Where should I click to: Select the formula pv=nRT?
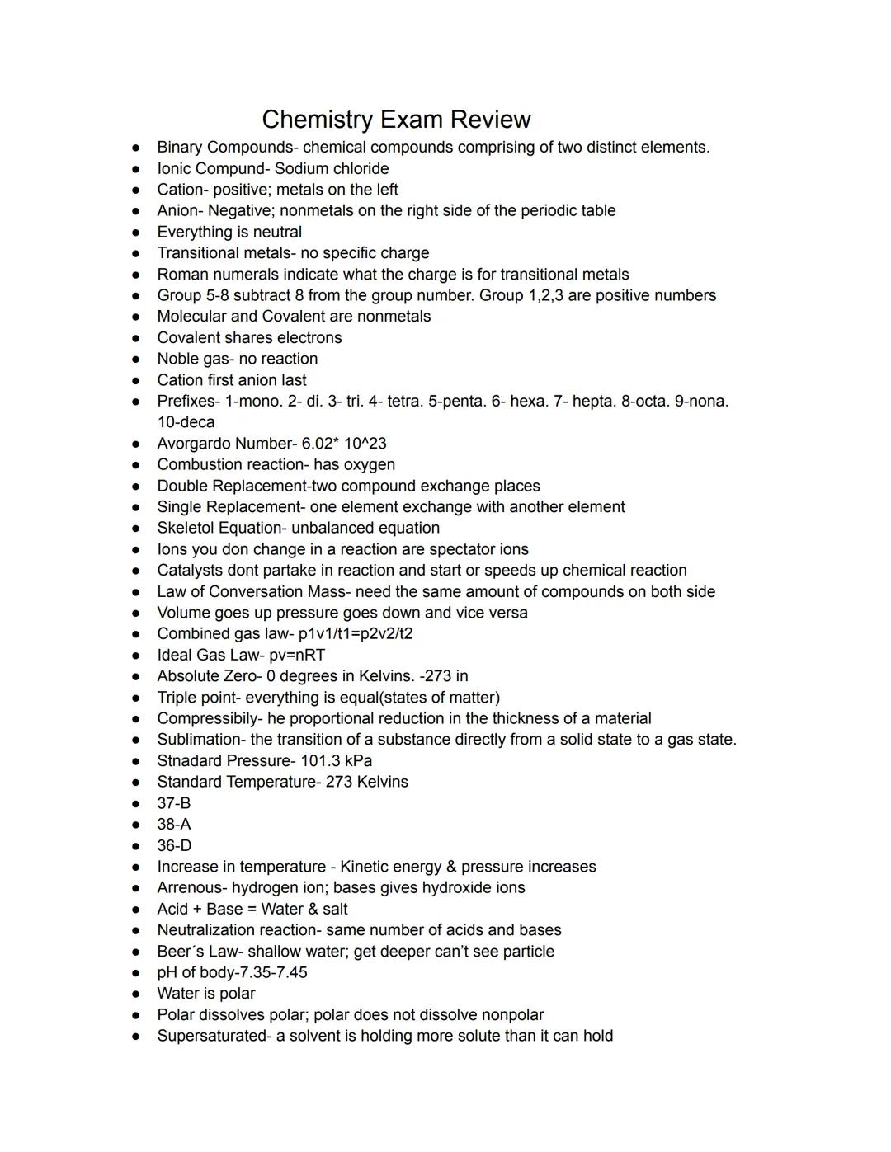[x=298, y=655]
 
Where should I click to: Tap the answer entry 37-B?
[x=174, y=803]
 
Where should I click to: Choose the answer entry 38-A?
[x=174, y=824]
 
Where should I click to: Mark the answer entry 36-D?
[x=174, y=845]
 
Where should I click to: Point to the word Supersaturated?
[x=212, y=1036]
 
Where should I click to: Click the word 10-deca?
[x=186, y=422]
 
